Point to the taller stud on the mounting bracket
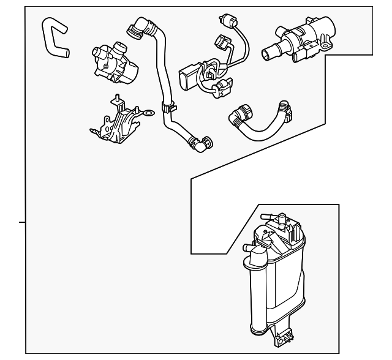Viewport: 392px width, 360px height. (x=115, y=99)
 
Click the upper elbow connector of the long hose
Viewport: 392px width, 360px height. (x=136, y=28)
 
